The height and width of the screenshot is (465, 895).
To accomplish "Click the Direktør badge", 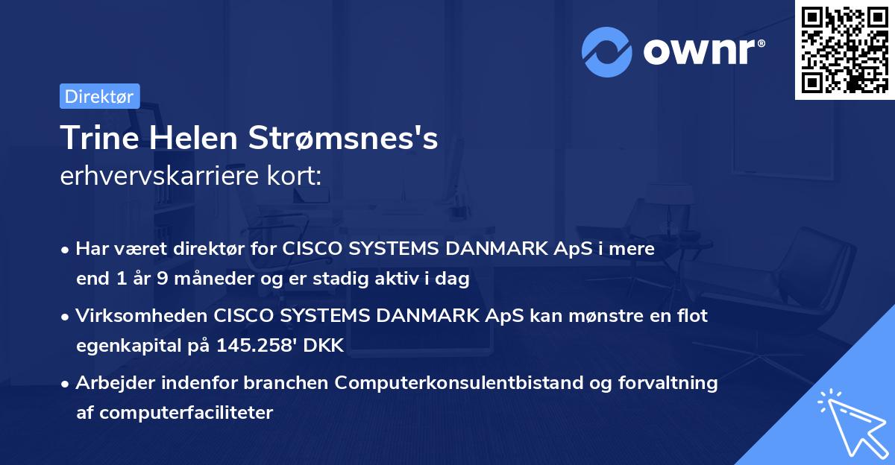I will [x=99, y=96].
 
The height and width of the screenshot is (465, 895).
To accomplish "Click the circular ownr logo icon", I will [x=607, y=52].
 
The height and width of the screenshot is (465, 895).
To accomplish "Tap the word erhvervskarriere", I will [x=160, y=177].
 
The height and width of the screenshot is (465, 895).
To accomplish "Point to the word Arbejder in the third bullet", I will [x=110, y=383].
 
